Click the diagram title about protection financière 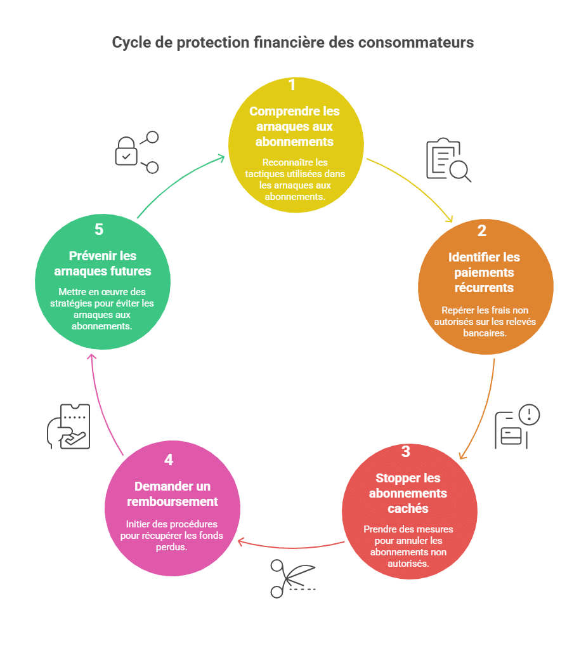[x=293, y=43]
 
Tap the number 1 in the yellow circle [x=292, y=85]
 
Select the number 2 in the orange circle [x=482, y=231]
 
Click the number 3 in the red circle [x=406, y=452]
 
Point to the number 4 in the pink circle [x=169, y=460]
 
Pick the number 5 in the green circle [x=99, y=230]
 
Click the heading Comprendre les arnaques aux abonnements [x=294, y=126]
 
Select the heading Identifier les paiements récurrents [x=484, y=272]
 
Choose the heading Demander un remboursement [x=172, y=494]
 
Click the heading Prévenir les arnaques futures [x=102, y=263]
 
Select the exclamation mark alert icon [x=528, y=415]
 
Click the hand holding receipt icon [x=69, y=426]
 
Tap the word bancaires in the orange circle [x=485, y=333]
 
